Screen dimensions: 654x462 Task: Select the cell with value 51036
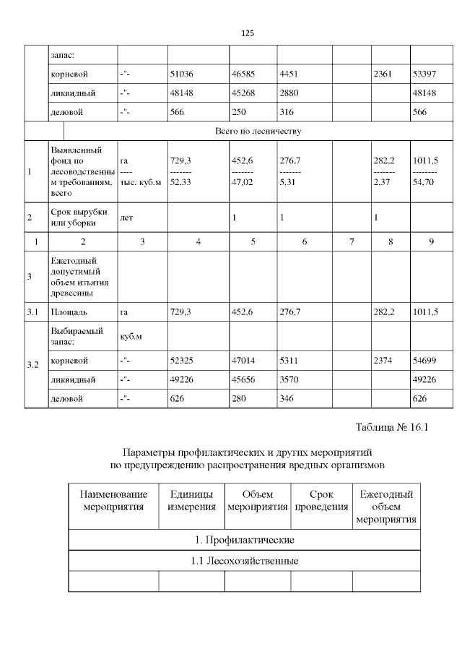click(x=182, y=74)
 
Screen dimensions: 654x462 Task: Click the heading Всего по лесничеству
click(x=258, y=131)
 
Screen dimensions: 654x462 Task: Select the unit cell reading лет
click(x=126, y=218)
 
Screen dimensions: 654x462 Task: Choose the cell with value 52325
click(x=182, y=360)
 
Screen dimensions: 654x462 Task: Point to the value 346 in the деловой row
click(x=288, y=399)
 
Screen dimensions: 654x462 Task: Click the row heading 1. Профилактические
click(x=244, y=540)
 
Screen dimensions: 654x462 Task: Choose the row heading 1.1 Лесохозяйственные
click(x=244, y=561)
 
